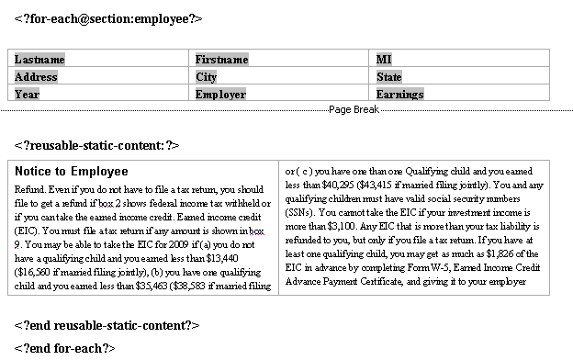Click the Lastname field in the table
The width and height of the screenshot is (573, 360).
tap(39, 60)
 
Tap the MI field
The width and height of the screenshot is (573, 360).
tap(384, 60)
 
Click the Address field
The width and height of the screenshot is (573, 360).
tap(36, 77)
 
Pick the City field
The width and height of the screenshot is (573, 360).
tap(206, 77)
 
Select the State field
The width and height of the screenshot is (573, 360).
tap(389, 77)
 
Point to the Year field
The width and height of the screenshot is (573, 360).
tap(28, 94)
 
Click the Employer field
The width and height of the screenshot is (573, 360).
tap(220, 94)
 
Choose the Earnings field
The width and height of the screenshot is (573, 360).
tap(399, 94)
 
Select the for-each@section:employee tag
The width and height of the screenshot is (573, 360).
tap(108, 18)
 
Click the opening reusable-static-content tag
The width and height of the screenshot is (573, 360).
tap(96, 145)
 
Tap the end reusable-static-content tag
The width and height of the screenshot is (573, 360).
tap(107, 325)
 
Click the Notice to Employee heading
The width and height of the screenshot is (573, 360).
tap(71, 171)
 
